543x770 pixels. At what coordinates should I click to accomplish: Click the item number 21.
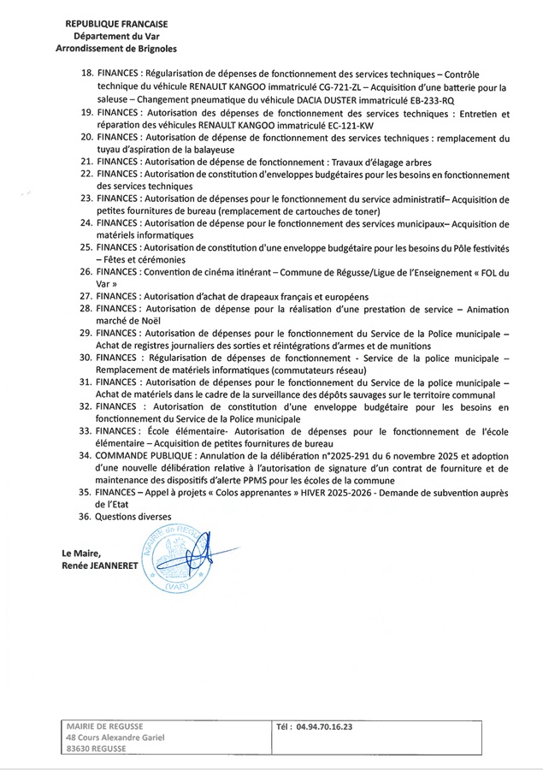pos(85,162)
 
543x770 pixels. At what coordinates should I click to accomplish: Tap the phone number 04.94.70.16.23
pos(324,726)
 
